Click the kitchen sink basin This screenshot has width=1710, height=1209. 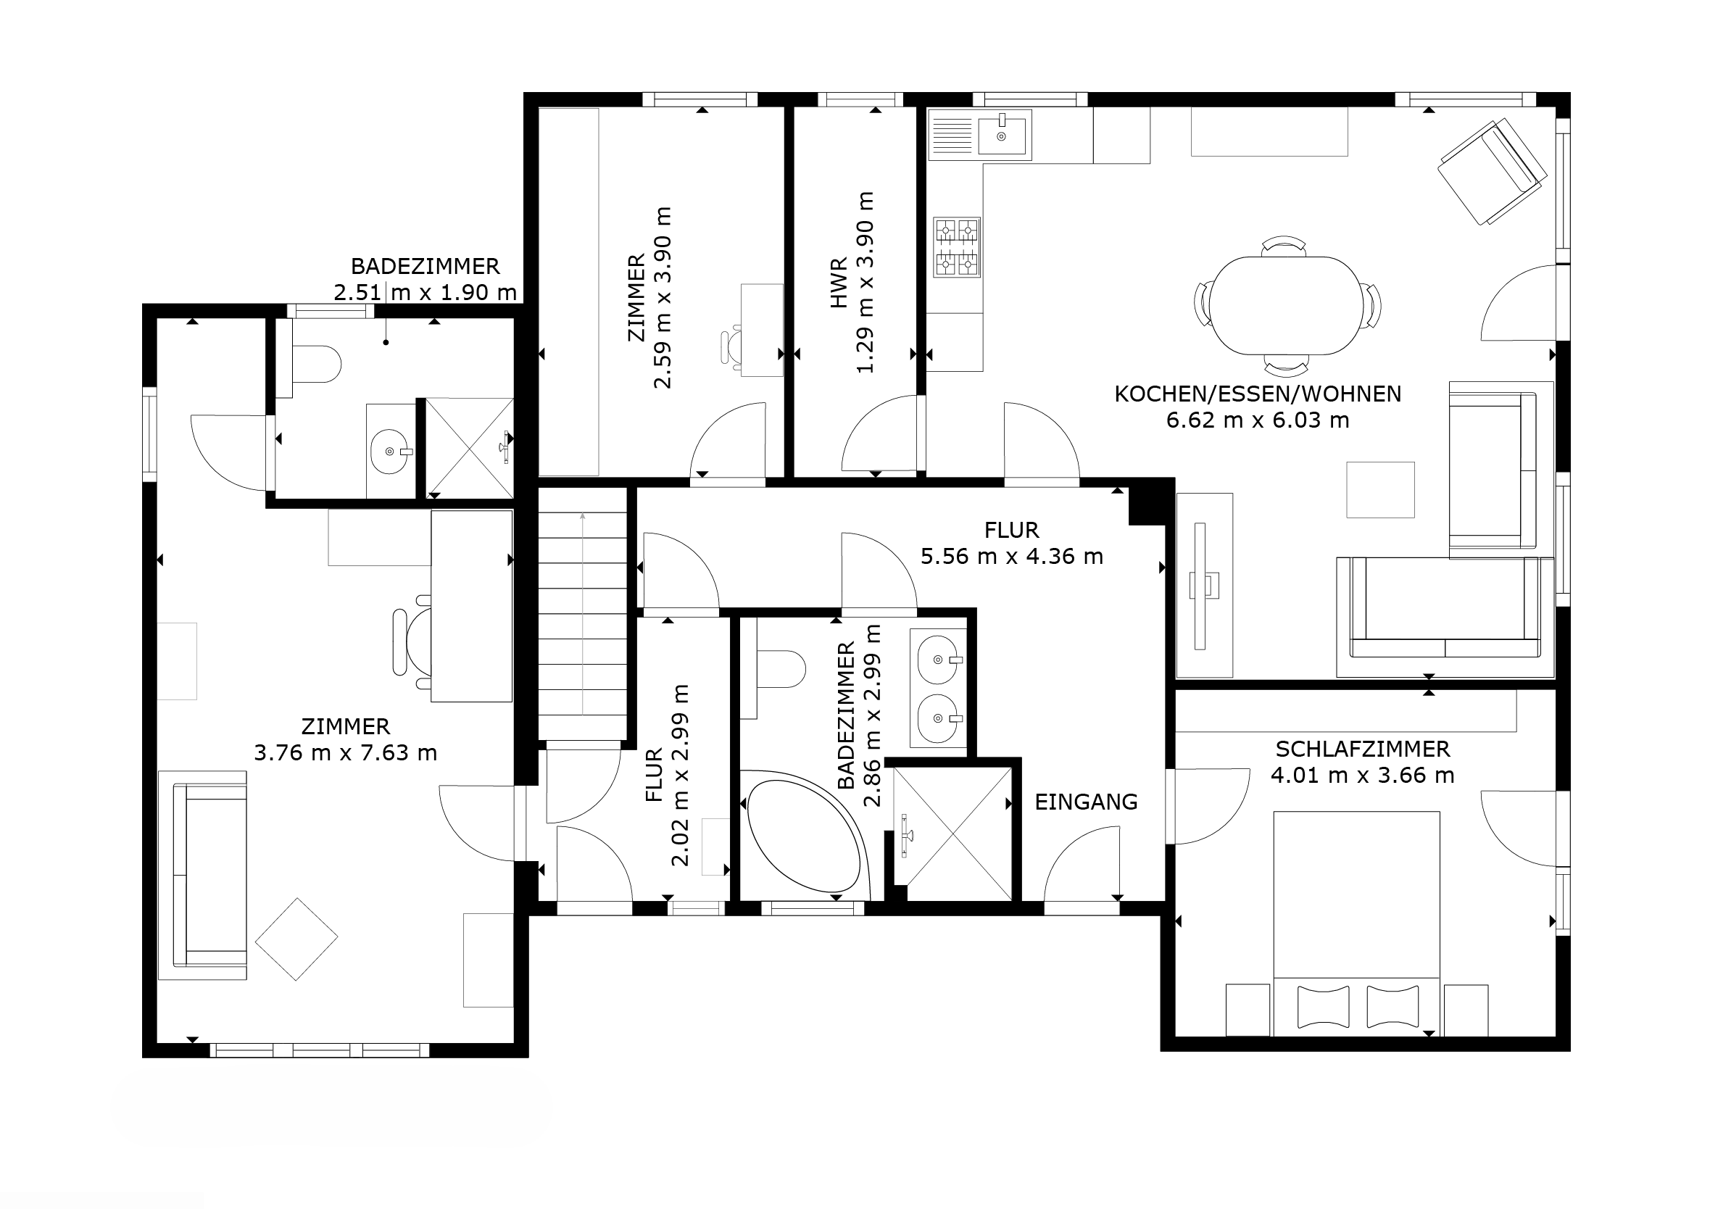[1002, 134]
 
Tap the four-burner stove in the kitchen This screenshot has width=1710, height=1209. [957, 247]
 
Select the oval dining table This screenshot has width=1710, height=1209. [1287, 304]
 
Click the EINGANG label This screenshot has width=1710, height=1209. [1086, 802]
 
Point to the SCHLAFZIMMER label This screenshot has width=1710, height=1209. [1362, 749]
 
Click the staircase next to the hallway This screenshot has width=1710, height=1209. [583, 614]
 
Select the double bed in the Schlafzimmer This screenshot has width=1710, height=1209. [1356, 923]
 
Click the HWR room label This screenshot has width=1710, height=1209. [839, 283]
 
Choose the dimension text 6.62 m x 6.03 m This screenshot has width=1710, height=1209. [1258, 420]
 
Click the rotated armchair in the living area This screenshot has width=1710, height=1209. [1491, 172]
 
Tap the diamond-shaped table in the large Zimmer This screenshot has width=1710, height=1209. [296, 939]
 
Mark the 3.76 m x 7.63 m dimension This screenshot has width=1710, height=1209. [346, 752]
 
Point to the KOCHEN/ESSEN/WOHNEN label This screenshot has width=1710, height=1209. [1258, 394]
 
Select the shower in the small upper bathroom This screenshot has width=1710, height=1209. [469, 448]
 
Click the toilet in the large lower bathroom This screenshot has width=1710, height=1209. [781, 668]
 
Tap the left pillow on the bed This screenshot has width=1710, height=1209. [1323, 1006]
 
